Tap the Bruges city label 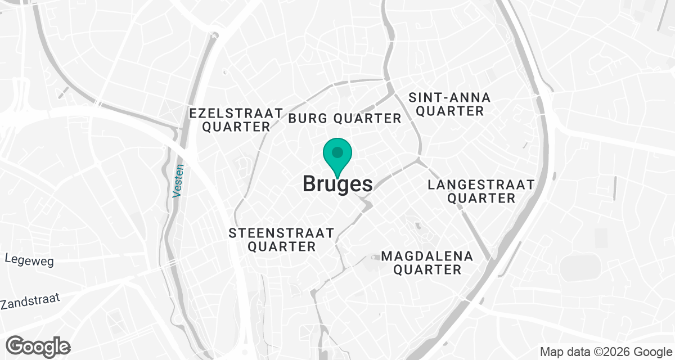pos(337,184)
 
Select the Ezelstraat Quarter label pos(236,120)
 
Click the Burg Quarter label pos(345,118)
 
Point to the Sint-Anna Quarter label pos(450,104)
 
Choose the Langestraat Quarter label pos(481,191)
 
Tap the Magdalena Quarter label pos(427,263)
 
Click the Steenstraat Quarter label pos(281,240)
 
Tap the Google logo pos(38,345)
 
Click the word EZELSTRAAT pos(236,112)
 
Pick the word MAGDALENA pos(427,256)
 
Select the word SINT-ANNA pos(450,97)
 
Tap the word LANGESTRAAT pos(481,184)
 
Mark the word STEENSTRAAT pos(281,233)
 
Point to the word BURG pos(309,118)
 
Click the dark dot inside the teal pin pos(337,152)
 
